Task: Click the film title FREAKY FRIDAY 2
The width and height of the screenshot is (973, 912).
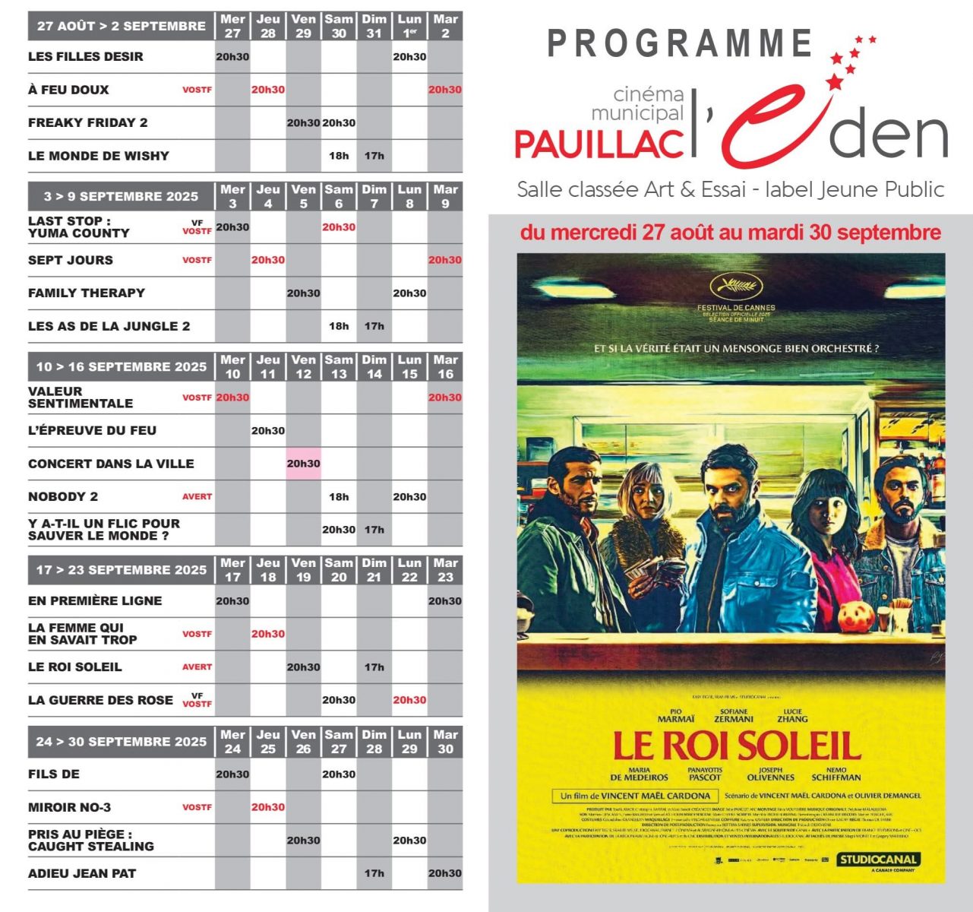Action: pyautogui.click(x=88, y=123)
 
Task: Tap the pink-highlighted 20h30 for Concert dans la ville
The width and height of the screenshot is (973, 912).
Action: pyautogui.click(x=303, y=464)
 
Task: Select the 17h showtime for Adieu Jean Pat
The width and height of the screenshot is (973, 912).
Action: pyautogui.click(x=374, y=874)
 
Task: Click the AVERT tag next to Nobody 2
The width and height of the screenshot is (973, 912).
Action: pyautogui.click(x=197, y=497)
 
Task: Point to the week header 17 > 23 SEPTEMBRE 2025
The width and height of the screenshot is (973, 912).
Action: pyautogui.click(x=122, y=570)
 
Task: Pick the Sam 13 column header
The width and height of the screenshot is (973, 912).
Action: pyautogui.click(x=339, y=367)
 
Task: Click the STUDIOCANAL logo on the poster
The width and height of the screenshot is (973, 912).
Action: pyautogui.click(x=878, y=860)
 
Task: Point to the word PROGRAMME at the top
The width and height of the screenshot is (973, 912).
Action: pyautogui.click(x=680, y=44)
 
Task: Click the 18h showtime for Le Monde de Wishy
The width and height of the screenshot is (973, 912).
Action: pyautogui.click(x=339, y=156)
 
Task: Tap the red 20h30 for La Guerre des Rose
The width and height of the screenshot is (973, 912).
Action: pyautogui.click(x=409, y=701)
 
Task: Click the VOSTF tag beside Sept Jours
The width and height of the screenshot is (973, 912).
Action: pyautogui.click(x=197, y=260)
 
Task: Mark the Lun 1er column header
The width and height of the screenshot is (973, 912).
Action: pyautogui.click(x=409, y=26)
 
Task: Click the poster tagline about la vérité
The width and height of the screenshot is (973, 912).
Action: pyautogui.click(x=736, y=349)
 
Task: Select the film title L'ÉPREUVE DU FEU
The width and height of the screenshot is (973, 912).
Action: pyautogui.click(x=92, y=431)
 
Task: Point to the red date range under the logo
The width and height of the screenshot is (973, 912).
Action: pyautogui.click(x=730, y=233)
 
